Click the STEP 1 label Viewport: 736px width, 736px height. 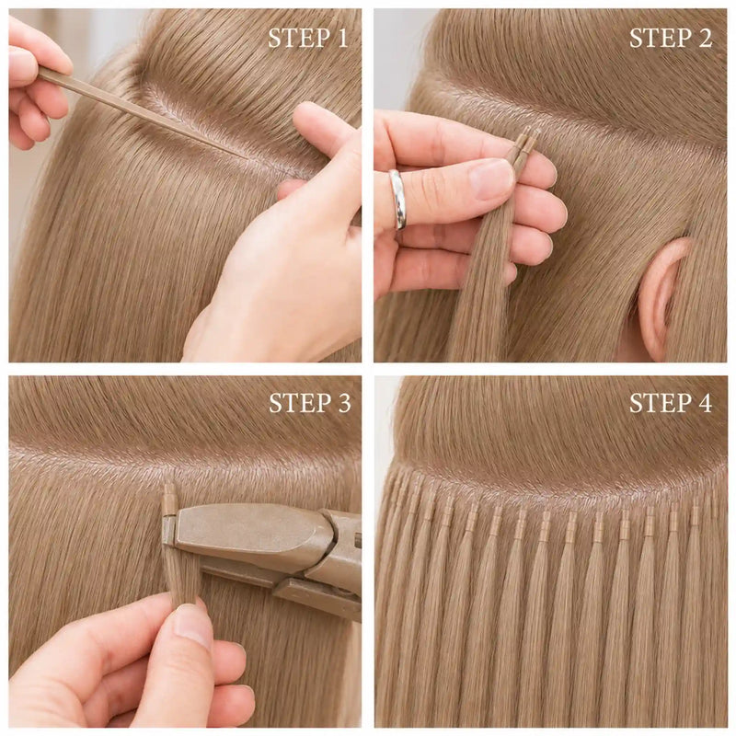click(308, 38)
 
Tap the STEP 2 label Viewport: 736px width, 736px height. click(671, 38)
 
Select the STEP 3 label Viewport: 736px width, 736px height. click(310, 403)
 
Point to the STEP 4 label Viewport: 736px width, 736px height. click(671, 403)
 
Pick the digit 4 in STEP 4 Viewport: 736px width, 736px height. click(705, 403)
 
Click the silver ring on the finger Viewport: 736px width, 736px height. click(397, 199)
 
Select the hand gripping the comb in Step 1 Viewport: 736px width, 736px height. click(33, 85)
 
